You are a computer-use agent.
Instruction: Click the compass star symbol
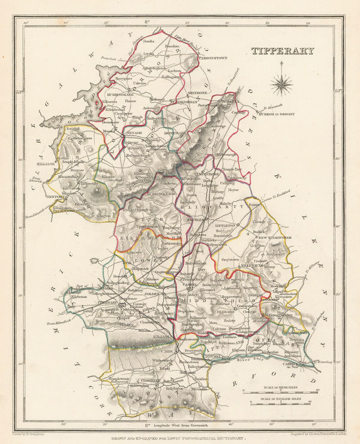coord(281,85)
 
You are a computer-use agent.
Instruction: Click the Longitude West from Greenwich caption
coord(180,425)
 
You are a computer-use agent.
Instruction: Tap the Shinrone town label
coord(199,93)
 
